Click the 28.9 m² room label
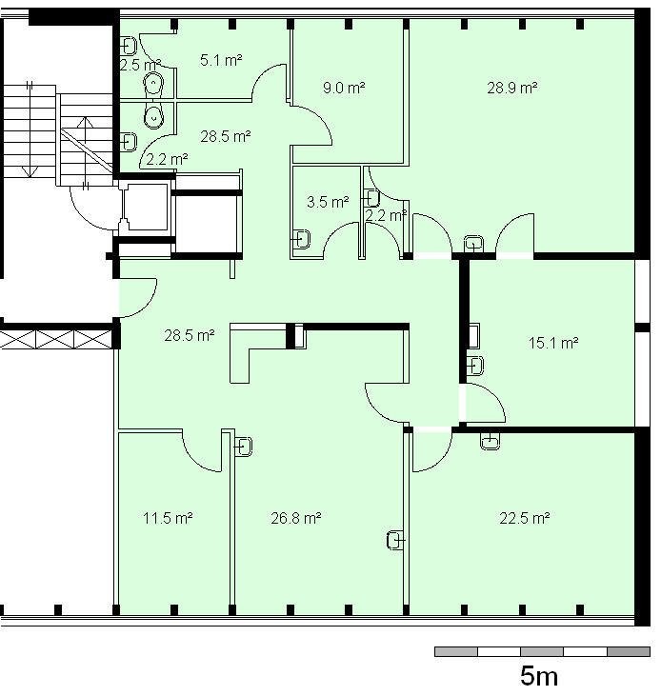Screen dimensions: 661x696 click(512, 88)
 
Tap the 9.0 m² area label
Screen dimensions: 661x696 click(344, 88)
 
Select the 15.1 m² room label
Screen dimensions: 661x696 click(553, 343)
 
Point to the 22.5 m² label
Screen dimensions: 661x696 click(525, 518)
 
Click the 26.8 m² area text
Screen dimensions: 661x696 click(296, 518)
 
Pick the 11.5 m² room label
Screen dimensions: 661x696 click(168, 518)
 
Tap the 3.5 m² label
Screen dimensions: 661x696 click(328, 203)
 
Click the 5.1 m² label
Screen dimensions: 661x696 click(221, 60)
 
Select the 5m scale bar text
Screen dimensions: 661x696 click(539, 676)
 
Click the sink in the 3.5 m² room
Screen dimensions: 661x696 click(301, 239)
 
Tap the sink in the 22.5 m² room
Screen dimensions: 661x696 click(491, 441)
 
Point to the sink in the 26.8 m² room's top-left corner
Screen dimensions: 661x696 click(243, 447)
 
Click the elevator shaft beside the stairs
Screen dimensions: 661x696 click(145, 208)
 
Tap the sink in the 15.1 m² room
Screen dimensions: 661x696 click(476, 366)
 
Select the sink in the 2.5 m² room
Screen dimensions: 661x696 click(129, 46)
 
